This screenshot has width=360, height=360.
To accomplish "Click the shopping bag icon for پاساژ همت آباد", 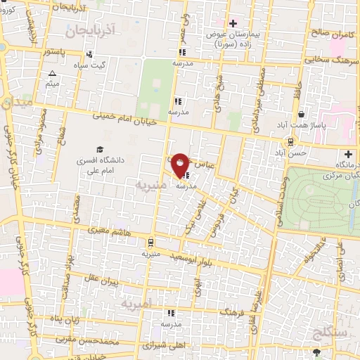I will [302, 114].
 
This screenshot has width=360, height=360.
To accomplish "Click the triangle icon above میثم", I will [51, 73].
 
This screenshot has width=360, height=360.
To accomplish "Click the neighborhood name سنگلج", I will [329, 330].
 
